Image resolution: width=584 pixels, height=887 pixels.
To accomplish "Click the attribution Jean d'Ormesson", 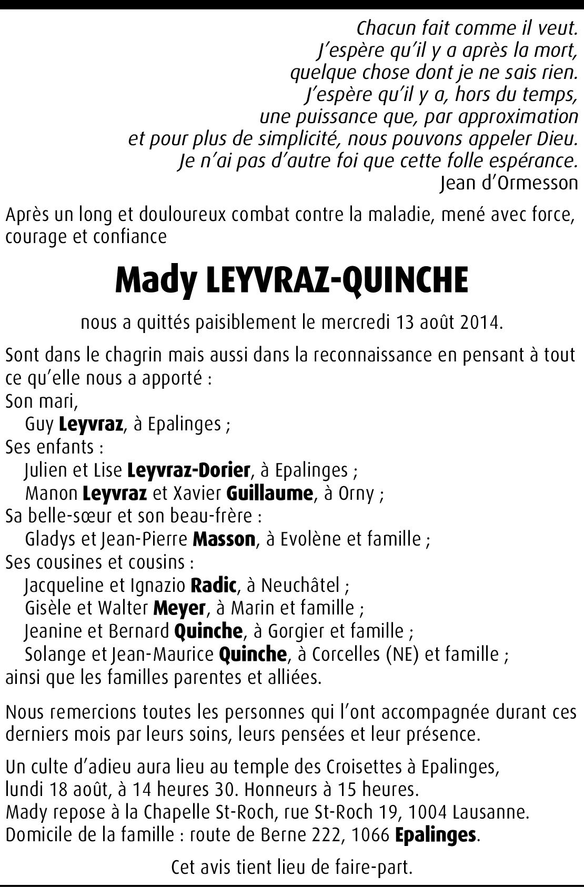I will click(x=508, y=183).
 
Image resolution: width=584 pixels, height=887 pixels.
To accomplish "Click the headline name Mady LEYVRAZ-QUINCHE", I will click(x=291, y=280).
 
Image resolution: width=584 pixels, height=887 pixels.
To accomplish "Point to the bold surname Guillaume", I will click(x=269, y=493).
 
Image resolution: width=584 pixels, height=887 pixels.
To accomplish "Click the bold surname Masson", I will click(x=224, y=539).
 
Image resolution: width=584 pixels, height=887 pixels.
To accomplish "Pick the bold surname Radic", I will click(x=214, y=585).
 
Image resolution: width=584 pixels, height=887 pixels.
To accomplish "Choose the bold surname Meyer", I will click(x=179, y=608).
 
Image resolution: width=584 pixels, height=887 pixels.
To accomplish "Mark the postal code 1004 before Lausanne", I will click(x=427, y=812).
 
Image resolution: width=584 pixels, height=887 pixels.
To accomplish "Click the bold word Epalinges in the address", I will click(x=436, y=835).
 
